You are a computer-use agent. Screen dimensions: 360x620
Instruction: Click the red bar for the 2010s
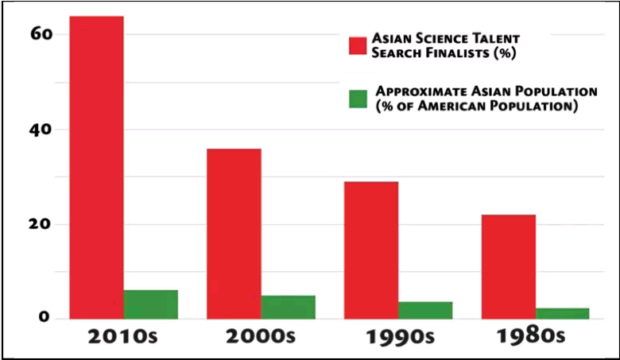coord(96,167)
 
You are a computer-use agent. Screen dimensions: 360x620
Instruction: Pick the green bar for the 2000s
coord(288,307)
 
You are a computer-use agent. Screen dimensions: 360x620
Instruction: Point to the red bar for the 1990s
coord(371,250)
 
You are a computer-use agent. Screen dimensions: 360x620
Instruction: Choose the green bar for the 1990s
coord(425,310)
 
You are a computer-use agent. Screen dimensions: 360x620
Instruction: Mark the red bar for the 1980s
coord(508,266)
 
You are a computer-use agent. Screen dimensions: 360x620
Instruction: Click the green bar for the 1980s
coord(562,313)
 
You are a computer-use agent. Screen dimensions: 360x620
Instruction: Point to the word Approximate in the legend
coord(417,91)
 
